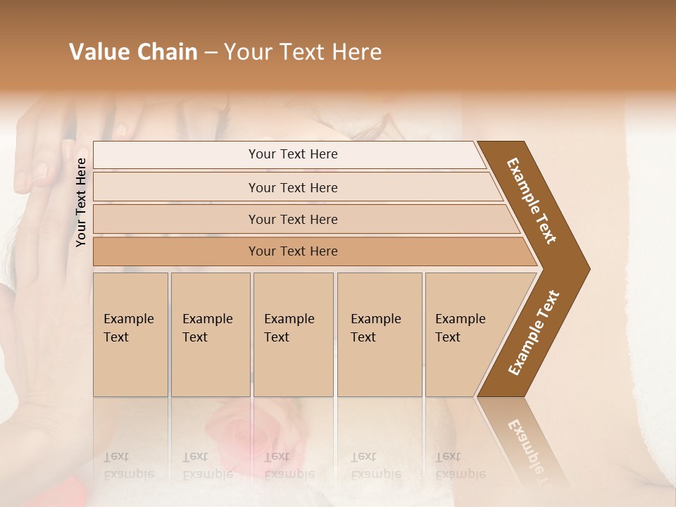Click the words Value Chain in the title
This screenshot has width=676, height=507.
pos(133,52)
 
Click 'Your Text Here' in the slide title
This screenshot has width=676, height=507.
pos(302,52)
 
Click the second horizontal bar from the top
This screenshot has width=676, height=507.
pos(293,187)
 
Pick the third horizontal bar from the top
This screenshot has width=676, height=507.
pos(293,219)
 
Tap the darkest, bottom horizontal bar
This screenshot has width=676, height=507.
pos(293,251)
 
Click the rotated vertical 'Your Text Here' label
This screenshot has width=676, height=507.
pos(81,202)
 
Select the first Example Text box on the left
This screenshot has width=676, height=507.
pos(130,334)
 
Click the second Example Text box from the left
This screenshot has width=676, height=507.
pos(210,334)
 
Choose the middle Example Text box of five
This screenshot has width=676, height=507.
pos(293,334)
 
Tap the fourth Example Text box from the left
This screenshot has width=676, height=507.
pos(379,334)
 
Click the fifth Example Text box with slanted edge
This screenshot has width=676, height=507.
pos(465,334)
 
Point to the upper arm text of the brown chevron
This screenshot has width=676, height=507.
pos(532,201)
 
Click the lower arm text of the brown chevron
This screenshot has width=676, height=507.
pos(534,333)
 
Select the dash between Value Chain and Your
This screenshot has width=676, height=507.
pos(211,53)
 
